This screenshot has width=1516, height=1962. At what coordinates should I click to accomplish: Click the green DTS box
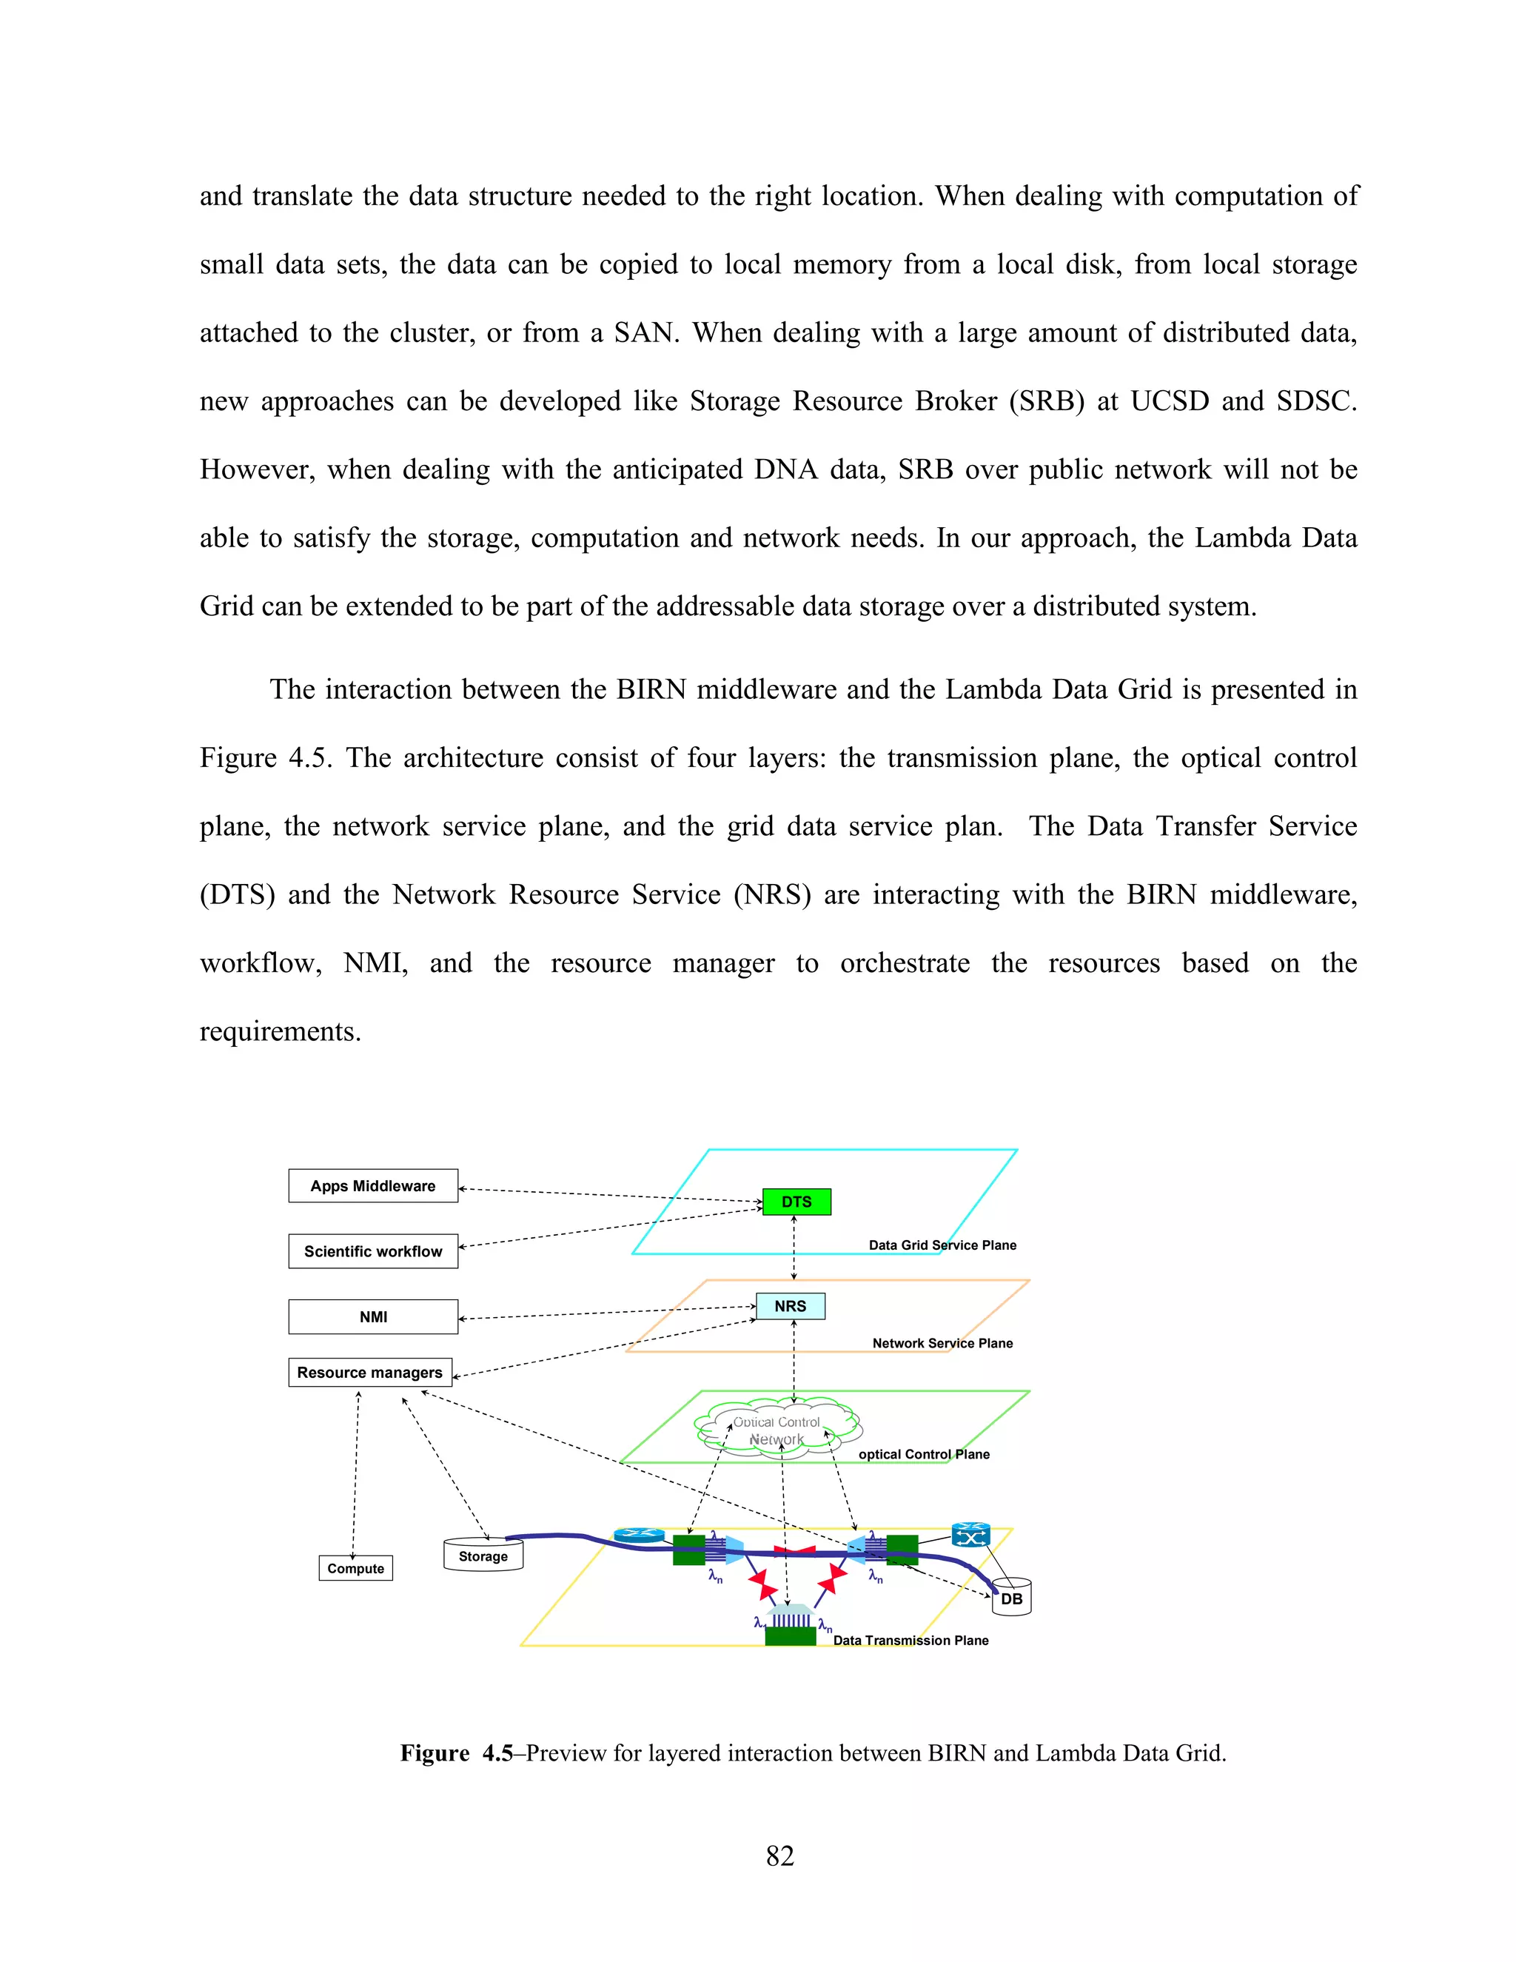796,1201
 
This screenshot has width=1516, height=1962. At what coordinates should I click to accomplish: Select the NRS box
789,1306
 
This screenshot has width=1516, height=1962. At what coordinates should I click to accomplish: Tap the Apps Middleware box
373,1186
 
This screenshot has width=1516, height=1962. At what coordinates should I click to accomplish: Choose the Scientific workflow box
373,1251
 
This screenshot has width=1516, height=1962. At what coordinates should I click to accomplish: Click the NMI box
373,1317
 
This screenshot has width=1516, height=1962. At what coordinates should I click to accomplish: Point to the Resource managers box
369,1373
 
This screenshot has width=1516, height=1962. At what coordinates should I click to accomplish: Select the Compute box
355,1569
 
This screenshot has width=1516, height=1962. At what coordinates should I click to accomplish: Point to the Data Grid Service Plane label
942,1245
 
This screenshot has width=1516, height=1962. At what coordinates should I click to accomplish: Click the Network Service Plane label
942,1343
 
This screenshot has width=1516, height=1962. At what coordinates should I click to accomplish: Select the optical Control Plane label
923,1454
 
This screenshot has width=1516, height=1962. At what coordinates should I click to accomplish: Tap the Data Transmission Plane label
910,1641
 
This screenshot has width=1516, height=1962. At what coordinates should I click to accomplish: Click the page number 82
779,1856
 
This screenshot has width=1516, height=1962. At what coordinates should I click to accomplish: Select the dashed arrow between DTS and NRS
794,1249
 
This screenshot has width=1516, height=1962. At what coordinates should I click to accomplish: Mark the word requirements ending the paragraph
279,1031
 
